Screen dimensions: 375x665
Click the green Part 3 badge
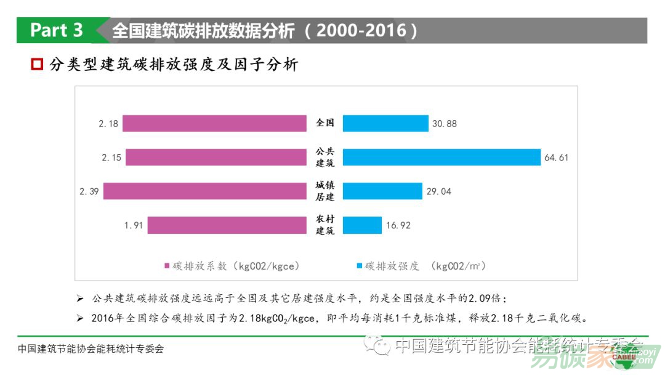(57, 30)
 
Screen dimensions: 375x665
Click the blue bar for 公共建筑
(441, 157)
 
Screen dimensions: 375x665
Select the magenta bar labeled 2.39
(204, 191)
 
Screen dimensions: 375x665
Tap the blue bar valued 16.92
(362, 225)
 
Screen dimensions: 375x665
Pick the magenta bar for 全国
(214, 123)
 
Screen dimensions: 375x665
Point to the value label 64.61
(556, 158)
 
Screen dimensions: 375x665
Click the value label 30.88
(444, 124)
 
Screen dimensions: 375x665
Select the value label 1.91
(133, 226)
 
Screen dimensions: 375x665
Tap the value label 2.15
(111, 158)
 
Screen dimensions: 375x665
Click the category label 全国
(324, 123)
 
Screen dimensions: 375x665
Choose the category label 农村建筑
(324, 225)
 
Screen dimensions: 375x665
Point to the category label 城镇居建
(324, 191)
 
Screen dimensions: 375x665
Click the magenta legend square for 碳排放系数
(166, 266)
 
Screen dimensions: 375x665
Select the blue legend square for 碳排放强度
(358, 266)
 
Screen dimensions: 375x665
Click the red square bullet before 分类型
(37, 64)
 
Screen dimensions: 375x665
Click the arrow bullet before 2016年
(79, 319)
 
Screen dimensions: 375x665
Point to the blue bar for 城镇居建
(382, 191)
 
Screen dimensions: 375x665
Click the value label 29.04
(438, 192)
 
